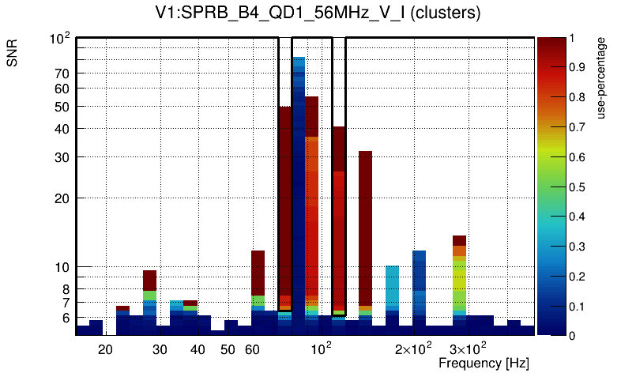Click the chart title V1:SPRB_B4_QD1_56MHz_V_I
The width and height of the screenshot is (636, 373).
[x=317, y=13]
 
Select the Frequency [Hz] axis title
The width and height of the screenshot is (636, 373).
[x=484, y=363]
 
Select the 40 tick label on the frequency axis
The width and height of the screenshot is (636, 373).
[x=198, y=349]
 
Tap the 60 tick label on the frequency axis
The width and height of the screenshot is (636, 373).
[x=252, y=349]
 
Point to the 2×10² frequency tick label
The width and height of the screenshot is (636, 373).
[x=413, y=349]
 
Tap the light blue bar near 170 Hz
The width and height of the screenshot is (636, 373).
[x=392, y=292]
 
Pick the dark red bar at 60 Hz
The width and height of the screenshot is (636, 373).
[x=258, y=273]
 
